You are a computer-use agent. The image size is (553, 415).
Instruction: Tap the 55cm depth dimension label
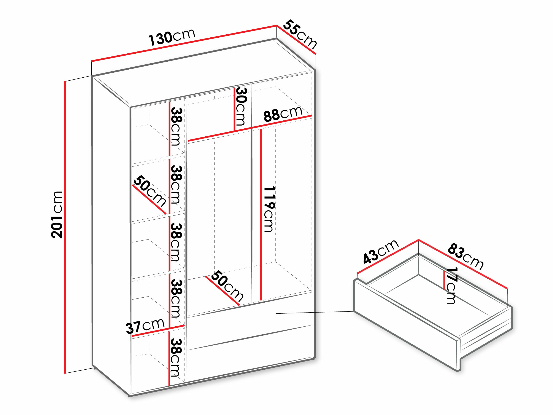pos(299,35)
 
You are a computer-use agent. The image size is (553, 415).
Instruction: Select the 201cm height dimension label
pos(57,214)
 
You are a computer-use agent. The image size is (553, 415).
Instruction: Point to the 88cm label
pos(283,114)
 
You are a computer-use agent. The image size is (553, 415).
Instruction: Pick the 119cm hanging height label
pos(269,209)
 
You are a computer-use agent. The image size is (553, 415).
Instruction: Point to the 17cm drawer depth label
pos(451,286)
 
